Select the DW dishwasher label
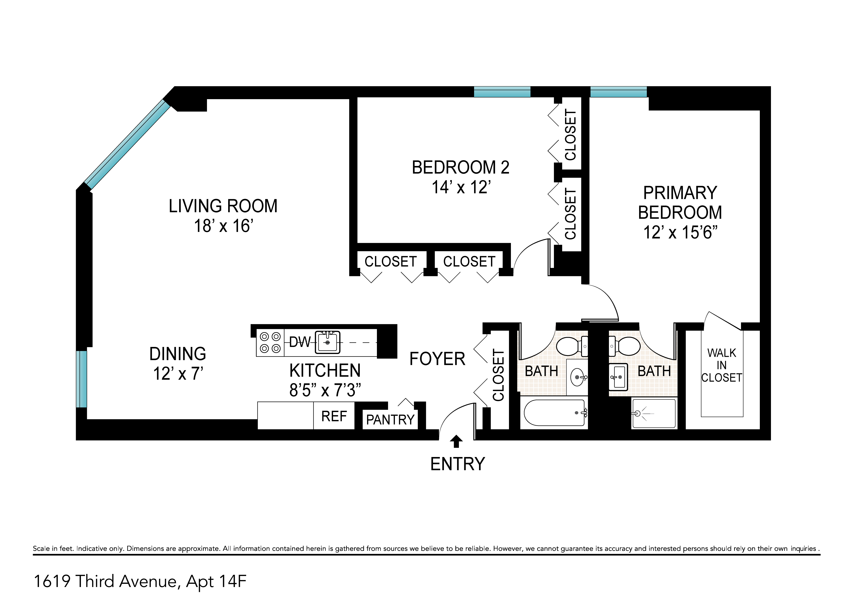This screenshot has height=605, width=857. [x=300, y=342]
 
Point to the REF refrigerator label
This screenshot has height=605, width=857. [x=334, y=416]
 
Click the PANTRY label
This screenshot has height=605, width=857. [x=390, y=420]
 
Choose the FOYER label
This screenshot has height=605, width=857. [x=437, y=359]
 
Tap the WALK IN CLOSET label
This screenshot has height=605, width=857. [x=722, y=365]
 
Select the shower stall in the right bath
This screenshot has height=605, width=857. [x=654, y=413]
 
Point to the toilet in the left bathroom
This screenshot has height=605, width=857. [x=571, y=346]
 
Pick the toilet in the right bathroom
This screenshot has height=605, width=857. [x=626, y=346]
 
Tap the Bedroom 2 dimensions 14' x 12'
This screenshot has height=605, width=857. [x=461, y=187]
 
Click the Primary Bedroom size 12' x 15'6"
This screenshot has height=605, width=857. [x=680, y=232]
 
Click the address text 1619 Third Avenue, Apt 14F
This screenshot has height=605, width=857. [x=140, y=581]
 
